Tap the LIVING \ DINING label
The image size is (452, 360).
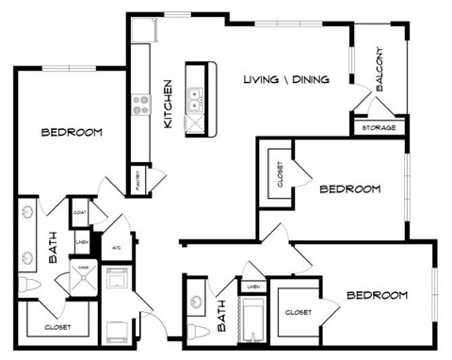click(285, 79)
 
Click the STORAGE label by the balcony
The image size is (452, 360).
click(379, 127)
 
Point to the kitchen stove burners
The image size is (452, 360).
click(143, 104)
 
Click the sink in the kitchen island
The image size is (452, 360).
click(194, 95)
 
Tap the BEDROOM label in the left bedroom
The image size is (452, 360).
click(72, 132)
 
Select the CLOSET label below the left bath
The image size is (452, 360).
click(57, 327)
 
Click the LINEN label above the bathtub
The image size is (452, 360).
click(252, 286)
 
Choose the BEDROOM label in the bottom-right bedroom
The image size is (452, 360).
click(377, 295)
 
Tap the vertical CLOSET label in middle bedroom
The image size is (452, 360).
click(280, 173)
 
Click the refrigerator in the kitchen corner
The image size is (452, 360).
click(142, 31)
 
